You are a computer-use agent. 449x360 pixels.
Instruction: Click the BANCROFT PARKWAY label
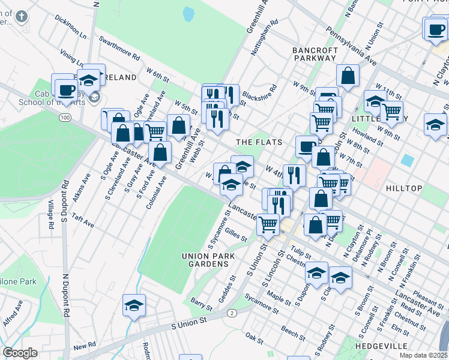pos(315,54)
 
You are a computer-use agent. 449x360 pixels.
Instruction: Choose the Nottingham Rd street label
pos(265,38)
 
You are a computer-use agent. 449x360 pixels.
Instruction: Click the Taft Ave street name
pos(82,220)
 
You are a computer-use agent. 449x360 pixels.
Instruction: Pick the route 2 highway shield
pos(232,313)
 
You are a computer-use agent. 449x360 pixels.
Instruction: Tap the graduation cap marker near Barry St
pos(134,305)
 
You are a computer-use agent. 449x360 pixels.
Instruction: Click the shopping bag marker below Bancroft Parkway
pos(348,77)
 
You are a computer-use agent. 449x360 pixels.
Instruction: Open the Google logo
pos(20,353)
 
